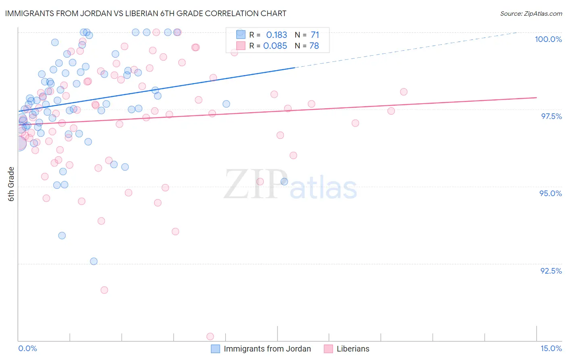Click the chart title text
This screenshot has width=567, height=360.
click(146, 13)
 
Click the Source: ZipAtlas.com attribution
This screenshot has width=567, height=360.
click(531, 13)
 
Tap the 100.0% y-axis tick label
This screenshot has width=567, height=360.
click(548, 39)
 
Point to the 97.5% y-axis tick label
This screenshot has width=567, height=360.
click(551, 116)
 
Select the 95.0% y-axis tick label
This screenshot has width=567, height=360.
click(550, 193)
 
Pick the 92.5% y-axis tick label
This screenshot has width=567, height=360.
click(551, 271)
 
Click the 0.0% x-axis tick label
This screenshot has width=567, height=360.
click(27, 348)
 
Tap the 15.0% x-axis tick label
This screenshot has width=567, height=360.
click(551, 348)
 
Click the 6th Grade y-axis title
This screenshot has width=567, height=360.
click(11, 184)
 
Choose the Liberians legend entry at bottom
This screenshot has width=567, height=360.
click(352, 349)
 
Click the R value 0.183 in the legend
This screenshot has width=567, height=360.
click(276, 35)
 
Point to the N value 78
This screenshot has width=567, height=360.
click(314, 46)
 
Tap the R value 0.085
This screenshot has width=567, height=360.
click(275, 46)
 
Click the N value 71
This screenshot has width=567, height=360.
click(315, 35)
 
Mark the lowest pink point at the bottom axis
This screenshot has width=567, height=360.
click(210, 336)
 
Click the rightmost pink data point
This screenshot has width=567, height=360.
click(404, 92)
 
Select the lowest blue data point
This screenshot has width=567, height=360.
click(94, 261)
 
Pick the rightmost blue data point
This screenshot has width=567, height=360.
click(284, 182)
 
